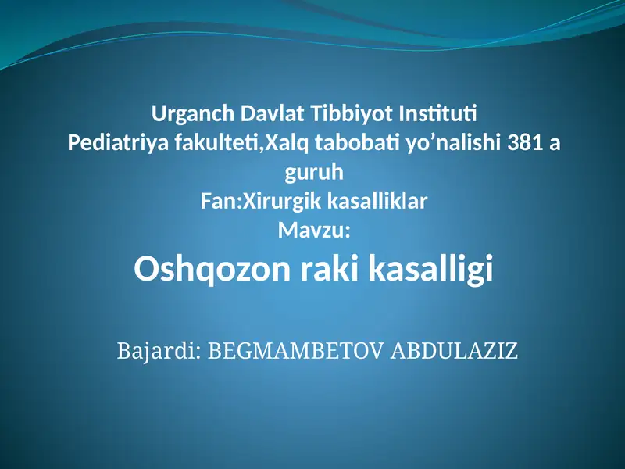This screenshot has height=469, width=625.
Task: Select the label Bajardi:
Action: [x=159, y=349]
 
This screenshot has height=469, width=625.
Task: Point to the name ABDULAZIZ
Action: [x=454, y=349]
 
